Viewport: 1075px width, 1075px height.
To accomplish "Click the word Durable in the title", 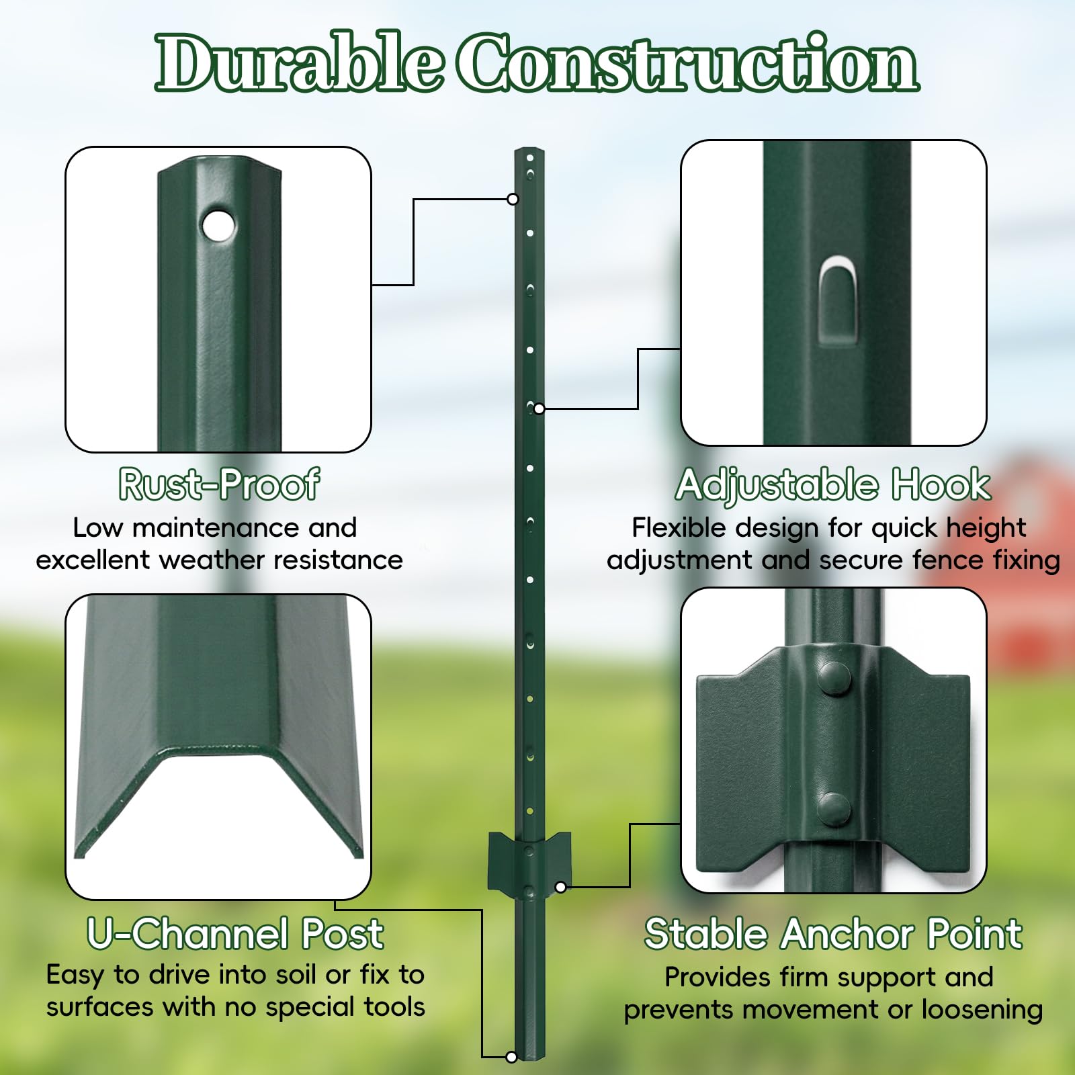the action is point(299,62).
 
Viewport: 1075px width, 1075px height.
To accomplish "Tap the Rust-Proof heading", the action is point(219,484).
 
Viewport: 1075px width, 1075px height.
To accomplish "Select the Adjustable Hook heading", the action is point(833,484).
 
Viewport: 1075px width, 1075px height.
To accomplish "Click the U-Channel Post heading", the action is point(235,933).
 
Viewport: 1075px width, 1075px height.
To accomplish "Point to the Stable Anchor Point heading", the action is point(833,933).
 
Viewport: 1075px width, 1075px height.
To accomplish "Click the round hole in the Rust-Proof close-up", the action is point(218,224).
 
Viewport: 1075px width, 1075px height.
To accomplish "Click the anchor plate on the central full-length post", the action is point(529,863).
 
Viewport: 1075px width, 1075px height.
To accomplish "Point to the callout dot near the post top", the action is point(513,199).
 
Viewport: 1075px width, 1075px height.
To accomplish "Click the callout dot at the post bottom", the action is point(511,1058).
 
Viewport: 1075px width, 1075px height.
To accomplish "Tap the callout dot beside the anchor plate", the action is point(560,887).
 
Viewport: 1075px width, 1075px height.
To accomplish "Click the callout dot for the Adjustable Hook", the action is point(539,408).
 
